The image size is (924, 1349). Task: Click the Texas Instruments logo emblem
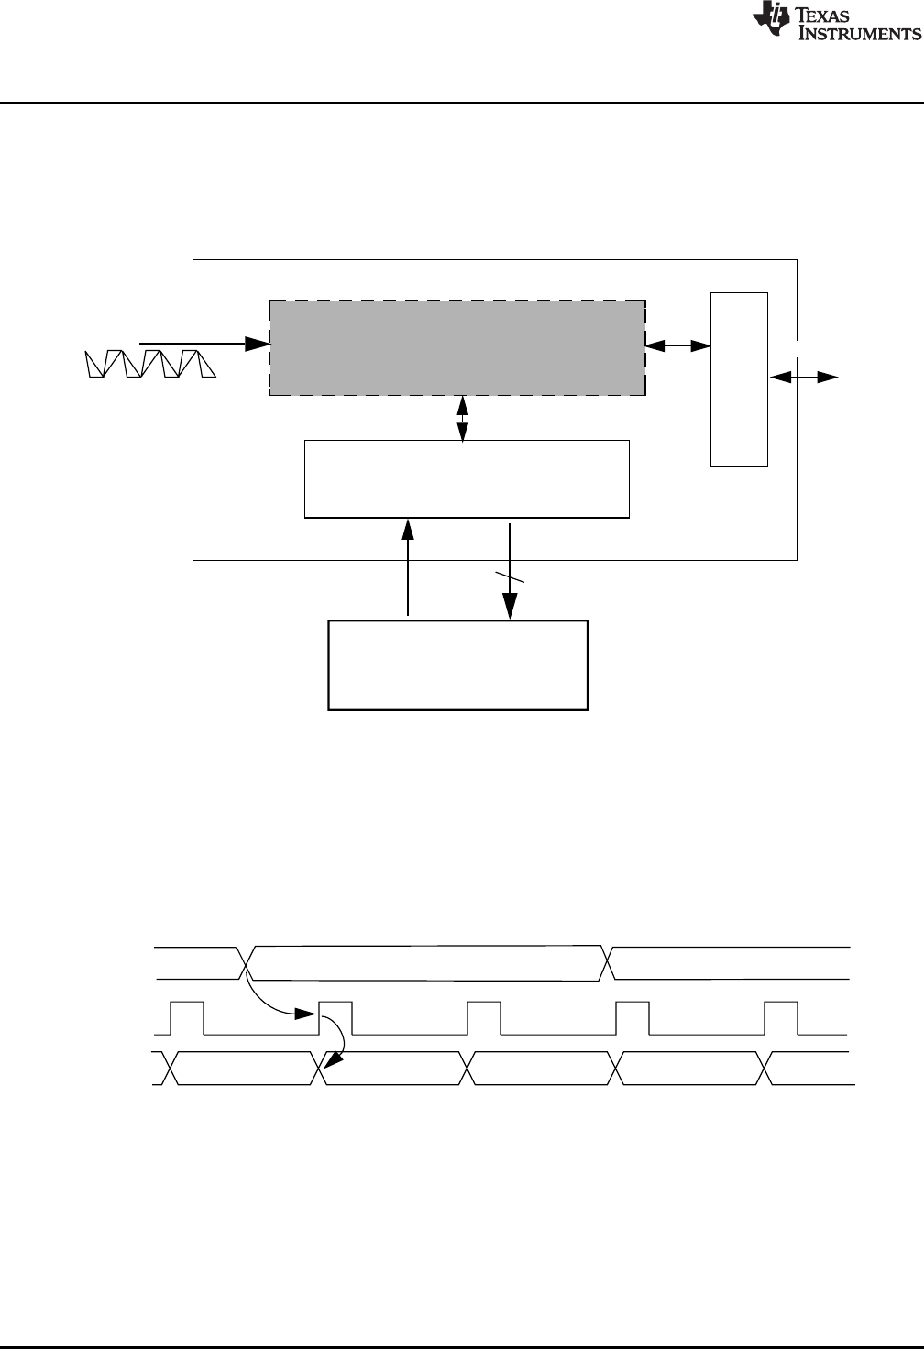(x=768, y=21)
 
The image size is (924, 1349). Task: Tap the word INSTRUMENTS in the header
(x=861, y=34)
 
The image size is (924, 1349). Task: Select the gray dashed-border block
(x=456, y=347)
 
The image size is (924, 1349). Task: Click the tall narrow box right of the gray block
(x=739, y=379)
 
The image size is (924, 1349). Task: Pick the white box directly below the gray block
(x=467, y=478)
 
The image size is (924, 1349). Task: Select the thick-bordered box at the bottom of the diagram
(x=457, y=664)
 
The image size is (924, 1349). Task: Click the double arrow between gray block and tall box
(x=678, y=345)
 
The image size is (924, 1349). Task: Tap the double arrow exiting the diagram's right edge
(x=804, y=377)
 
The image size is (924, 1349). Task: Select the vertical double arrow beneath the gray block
(x=463, y=418)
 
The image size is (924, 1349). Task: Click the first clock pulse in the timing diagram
(x=187, y=1017)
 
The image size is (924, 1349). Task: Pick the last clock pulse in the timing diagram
(x=782, y=1017)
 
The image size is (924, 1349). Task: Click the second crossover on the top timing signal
(x=608, y=960)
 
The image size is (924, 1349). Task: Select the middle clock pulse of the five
(x=484, y=1017)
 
